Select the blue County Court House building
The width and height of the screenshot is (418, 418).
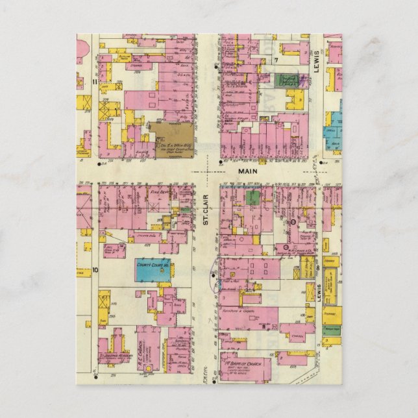click(153, 269)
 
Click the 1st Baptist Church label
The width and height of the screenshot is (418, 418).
click(245, 358)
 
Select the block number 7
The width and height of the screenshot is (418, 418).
click(275, 60)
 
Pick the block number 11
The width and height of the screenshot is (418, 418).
click(95, 82)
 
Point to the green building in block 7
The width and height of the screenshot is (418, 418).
click(286, 80)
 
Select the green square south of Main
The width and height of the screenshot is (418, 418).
click(252, 197)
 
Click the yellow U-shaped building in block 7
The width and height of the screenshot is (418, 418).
click(295, 99)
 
